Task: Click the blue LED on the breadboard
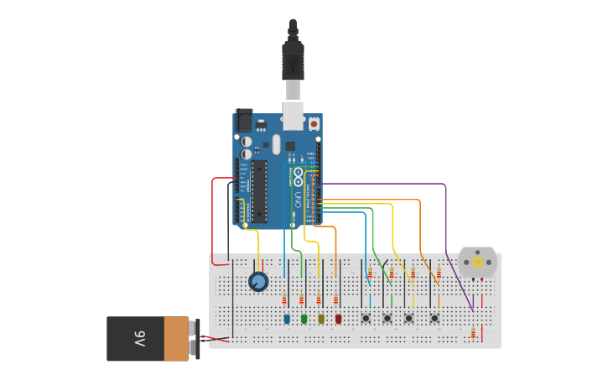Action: point(287,319)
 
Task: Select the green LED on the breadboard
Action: point(304,319)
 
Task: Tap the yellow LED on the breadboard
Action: point(321,319)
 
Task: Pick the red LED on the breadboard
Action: point(339,319)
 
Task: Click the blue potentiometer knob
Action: point(258,282)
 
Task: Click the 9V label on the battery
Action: point(139,339)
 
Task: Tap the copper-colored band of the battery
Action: point(176,339)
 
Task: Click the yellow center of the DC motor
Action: point(478,263)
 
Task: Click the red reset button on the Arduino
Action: point(314,124)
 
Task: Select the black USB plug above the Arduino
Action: point(293,55)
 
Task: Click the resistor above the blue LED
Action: point(284,299)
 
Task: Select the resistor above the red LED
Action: point(335,299)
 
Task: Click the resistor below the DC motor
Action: point(473,333)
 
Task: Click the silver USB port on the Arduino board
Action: point(293,115)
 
